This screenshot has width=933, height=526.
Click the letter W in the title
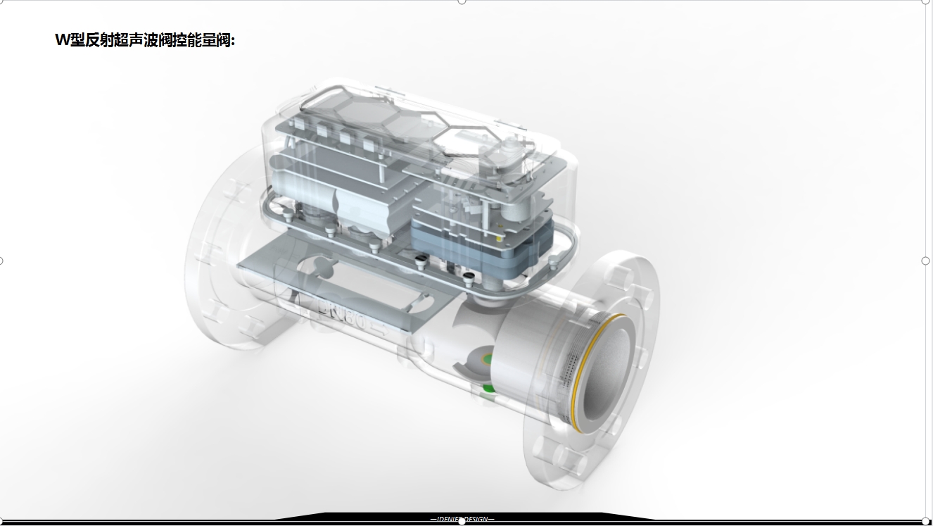tap(63, 40)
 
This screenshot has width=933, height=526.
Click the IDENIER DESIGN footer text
tap(462, 520)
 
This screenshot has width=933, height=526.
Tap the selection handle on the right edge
tap(925, 261)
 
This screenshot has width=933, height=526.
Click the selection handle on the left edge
tap(1, 261)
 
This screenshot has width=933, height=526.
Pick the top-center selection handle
tap(462, 1)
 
